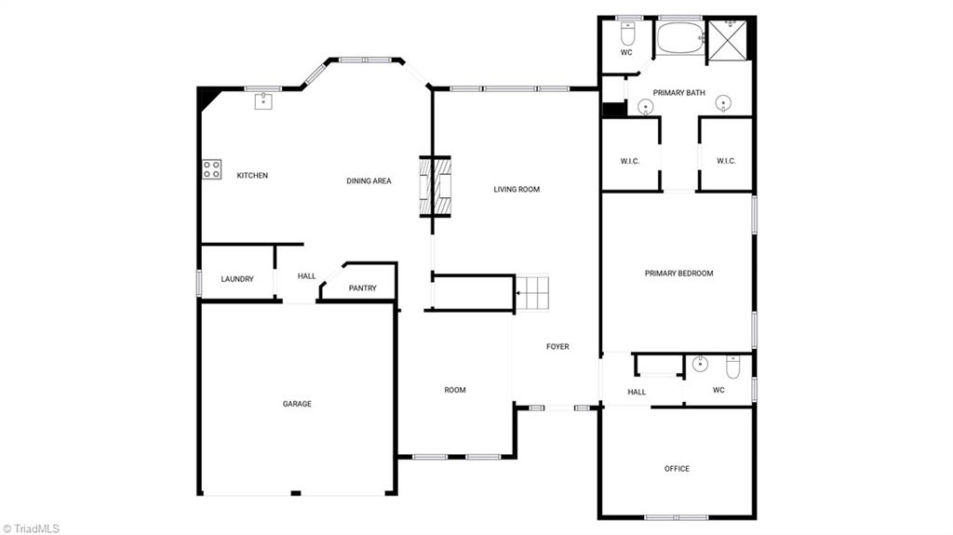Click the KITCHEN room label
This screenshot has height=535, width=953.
click(252, 175)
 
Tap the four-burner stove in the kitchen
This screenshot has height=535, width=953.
click(212, 169)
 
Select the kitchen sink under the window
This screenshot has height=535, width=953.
click(263, 100)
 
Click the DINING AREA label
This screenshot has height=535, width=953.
click(369, 181)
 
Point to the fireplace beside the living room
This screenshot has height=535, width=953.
click(438, 186)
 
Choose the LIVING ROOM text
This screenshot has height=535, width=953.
click(517, 190)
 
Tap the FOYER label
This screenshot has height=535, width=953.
click(557, 347)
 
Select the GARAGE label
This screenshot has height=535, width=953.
click(297, 404)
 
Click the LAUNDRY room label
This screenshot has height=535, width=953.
click(237, 279)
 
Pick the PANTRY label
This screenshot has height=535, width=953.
click(362, 288)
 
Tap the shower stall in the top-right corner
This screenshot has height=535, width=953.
click(729, 40)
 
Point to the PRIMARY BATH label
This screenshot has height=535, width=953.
click(678, 92)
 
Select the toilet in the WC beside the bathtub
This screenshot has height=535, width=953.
click(627, 34)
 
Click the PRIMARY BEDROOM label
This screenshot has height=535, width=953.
click(678, 274)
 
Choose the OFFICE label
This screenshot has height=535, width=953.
click(677, 469)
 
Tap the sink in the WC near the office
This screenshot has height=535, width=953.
click(700, 364)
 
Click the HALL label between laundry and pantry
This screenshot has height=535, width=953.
click(307, 276)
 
